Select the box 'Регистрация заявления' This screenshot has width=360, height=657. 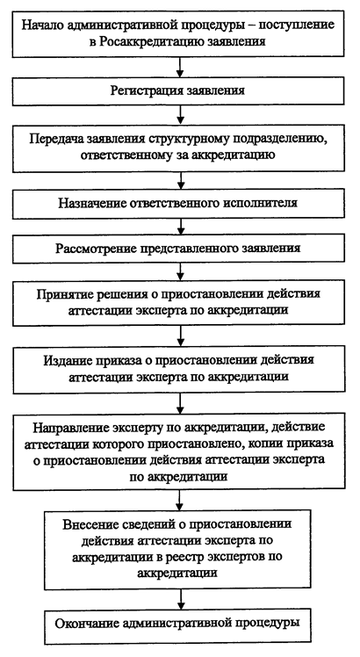[x=179, y=91]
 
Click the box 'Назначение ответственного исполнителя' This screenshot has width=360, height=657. [x=179, y=204]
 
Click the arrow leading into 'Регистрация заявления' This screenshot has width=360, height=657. [x=180, y=68]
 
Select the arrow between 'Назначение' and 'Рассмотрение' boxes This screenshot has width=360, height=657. [x=181, y=226]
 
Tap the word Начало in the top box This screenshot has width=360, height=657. [x=41, y=25]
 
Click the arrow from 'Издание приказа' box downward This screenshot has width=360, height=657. [x=180, y=403]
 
